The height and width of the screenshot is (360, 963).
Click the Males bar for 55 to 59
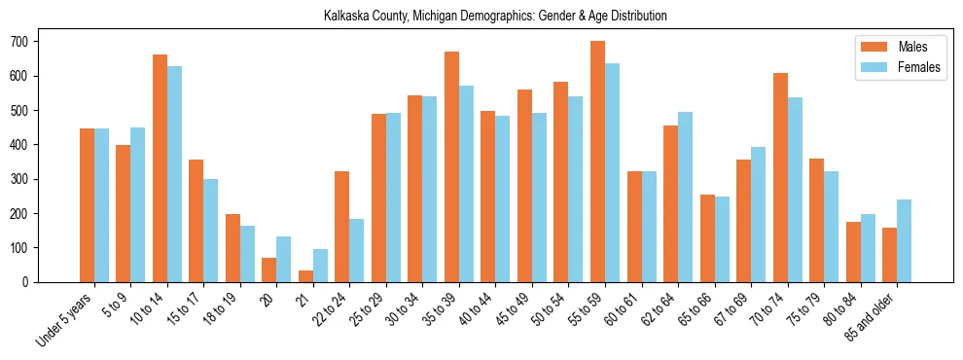(597, 162)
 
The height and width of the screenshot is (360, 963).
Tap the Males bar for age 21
(305, 276)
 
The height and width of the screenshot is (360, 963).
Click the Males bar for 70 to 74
(780, 177)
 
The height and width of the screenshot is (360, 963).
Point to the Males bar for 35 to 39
(451, 166)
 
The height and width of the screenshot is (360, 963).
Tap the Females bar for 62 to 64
(685, 197)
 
